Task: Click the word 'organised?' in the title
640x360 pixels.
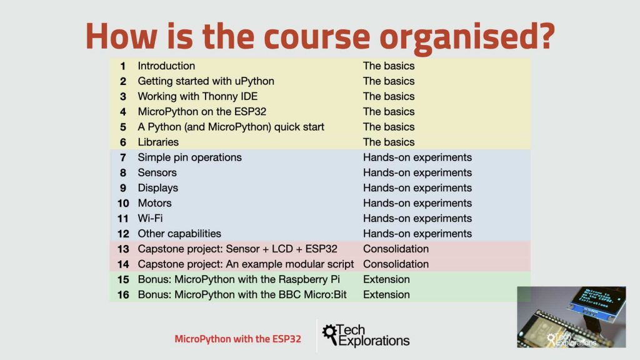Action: point(467,37)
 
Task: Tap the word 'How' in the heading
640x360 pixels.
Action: point(121,36)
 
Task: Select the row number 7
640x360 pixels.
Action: point(123,157)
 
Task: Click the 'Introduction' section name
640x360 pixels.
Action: point(166,66)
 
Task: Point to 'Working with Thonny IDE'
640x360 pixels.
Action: point(197,96)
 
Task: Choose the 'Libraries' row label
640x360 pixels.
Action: point(158,142)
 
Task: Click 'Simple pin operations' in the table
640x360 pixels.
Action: point(189,157)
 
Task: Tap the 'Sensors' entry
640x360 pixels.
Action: point(157,172)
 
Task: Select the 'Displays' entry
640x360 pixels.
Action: point(158,188)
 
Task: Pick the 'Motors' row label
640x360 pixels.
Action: point(155,203)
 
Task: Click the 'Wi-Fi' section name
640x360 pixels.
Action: point(150,218)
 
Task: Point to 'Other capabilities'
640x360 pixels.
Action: point(179,234)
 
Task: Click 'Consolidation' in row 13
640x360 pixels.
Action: point(396,249)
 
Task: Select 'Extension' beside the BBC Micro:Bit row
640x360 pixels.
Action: point(386,295)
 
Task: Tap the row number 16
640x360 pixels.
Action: point(123,295)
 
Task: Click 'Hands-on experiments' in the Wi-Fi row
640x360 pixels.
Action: point(417,218)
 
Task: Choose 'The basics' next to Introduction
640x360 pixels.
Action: point(389,66)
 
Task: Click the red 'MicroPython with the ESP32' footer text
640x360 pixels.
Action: point(238,339)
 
